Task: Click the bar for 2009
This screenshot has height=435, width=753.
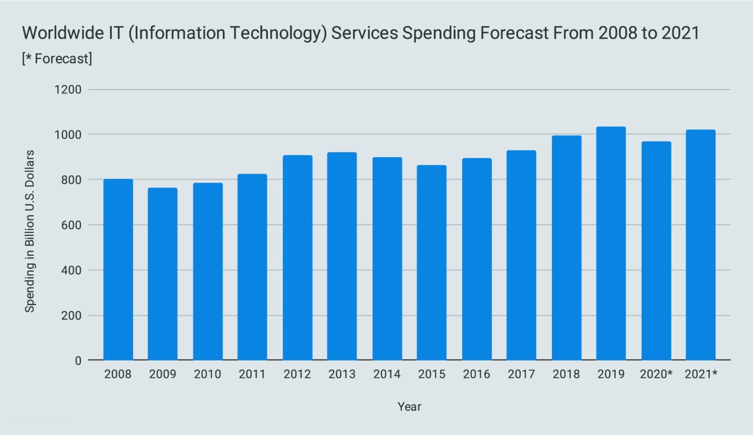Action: [163, 274]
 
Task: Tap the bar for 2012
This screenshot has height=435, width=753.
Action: [298, 258]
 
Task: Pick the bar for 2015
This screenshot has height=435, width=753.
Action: [432, 263]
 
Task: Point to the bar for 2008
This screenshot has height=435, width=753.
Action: [118, 270]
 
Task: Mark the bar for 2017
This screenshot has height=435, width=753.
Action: [521, 256]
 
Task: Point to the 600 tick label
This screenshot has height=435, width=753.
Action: [72, 225]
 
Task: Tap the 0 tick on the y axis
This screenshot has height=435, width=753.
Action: [78, 361]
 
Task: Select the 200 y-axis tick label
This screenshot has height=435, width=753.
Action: [72, 316]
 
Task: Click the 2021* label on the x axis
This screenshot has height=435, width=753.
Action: [701, 375]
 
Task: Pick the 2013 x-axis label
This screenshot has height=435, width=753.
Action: [342, 375]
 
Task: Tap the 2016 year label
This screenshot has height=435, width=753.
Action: [477, 375]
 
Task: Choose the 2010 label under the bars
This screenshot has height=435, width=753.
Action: [207, 375]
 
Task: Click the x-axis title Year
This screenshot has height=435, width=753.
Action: [409, 407]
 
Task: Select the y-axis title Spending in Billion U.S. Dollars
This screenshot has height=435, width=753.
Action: [30, 231]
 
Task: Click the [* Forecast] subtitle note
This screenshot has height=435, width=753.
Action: [57, 59]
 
